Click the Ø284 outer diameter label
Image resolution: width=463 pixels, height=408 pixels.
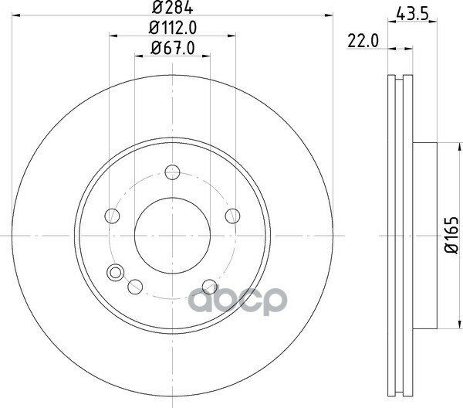[172, 8]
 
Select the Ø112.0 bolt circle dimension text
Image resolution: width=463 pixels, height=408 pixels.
[172, 28]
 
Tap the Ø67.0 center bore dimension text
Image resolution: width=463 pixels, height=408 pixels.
[172, 48]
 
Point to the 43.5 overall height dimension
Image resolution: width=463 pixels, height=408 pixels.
[412, 13]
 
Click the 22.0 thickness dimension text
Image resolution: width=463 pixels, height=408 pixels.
[363, 41]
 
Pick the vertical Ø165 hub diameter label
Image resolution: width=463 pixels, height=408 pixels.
[451, 236]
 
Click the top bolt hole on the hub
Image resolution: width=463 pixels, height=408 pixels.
[172, 172]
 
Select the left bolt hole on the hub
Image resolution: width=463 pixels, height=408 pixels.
[112, 216]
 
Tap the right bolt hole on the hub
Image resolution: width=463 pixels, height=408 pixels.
[233, 216]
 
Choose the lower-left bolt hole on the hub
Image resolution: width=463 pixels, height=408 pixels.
[135, 287]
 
